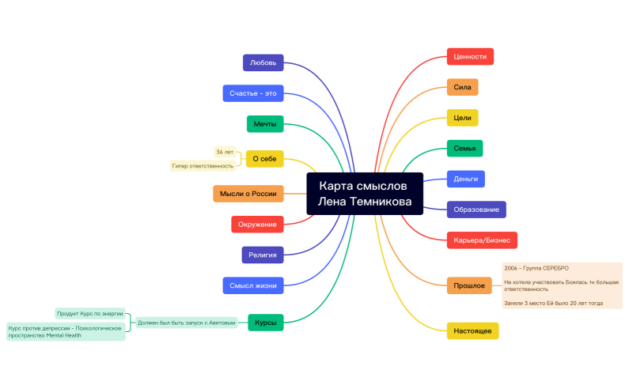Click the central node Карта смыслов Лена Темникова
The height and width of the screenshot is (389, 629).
pyautogui.click(x=365, y=194)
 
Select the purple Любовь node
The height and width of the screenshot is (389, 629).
pyautogui.click(x=263, y=62)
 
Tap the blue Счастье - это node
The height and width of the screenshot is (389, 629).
pyautogui.click(x=252, y=93)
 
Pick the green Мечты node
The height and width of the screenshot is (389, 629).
pyautogui.click(x=264, y=124)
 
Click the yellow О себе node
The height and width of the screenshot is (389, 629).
pyautogui.click(x=264, y=159)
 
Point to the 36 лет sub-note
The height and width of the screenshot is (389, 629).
pyautogui.click(x=225, y=151)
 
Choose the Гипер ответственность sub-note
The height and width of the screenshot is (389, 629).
pyautogui.click(x=203, y=166)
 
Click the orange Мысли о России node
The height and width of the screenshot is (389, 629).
pyautogui.click(x=248, y=194)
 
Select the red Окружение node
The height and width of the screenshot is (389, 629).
pyautogui.click(x=257, y=225)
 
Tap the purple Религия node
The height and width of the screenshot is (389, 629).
pyautogui.click(x=262, y=255)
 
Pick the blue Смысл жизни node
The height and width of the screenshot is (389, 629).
pyautogui.click(x=252, y=285)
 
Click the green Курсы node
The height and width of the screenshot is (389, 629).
pyautogui.click(x=265, y=323)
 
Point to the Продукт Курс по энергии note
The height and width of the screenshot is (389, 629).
pyautogui.click(x=90, y=313)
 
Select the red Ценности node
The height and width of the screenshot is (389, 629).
pyautogui.click(x=470, y=57)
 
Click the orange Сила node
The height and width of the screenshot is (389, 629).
pyautogui.click(x=462, y=87)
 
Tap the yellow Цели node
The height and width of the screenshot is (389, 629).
pyautogui.click(x=462, y=118)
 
